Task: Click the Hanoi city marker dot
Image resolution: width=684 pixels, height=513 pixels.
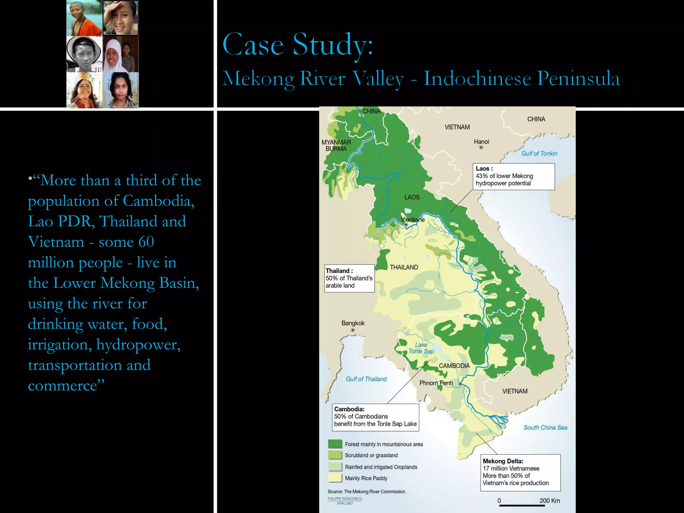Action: tap(481, 147)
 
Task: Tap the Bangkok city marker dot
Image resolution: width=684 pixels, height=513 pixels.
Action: tap(353, 330)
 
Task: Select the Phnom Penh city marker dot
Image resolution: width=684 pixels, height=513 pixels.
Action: tap(460, 384)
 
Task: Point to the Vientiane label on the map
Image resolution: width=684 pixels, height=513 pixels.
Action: tap(413, 219)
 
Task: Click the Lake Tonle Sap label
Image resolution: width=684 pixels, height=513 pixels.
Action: tap(421, 348)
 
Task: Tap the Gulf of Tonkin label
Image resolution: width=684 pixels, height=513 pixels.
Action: tap(539, 154)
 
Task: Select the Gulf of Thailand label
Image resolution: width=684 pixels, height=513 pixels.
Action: tap(366, 379)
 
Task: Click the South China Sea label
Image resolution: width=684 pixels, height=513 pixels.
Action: tap(545, 427)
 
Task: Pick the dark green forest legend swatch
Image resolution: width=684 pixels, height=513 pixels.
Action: tap(335, 444)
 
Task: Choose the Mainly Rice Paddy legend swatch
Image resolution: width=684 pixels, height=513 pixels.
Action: tap(335, 478)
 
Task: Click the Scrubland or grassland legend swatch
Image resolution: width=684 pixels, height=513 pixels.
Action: tap(335, 455)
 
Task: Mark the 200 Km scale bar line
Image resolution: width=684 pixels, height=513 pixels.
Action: tap(522, 506)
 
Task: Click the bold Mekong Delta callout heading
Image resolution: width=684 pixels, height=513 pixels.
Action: tap(503, 461)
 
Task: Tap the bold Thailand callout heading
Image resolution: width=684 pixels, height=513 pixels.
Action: tap(339, 271)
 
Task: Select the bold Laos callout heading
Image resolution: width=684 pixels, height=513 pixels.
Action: tap(484, 169)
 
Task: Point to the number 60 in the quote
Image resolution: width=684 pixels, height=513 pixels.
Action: tap(146, 242)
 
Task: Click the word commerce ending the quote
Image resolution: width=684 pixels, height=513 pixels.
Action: tap(63, 386)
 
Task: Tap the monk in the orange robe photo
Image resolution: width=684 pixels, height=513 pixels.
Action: tap(84, 18)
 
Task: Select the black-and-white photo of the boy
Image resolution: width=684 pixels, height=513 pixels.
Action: tap(84, 54)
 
